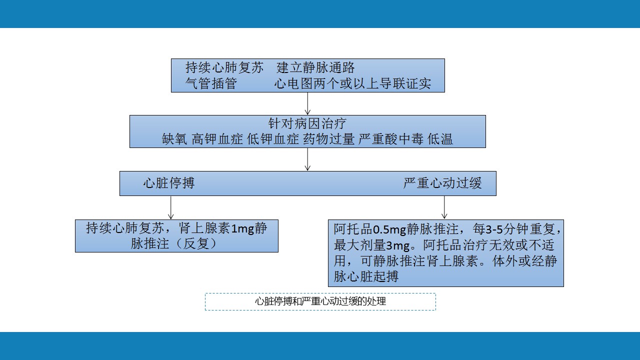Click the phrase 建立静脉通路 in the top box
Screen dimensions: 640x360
315,67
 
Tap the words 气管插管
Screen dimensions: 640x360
211,83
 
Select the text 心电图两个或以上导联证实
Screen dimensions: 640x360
352,83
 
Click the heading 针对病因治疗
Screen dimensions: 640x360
307,123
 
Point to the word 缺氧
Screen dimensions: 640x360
174,139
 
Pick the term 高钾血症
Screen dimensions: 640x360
217,139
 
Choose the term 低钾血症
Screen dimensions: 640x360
273,139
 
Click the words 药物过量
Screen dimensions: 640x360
328,139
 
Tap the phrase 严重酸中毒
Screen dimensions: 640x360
390,139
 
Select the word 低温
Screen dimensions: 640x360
440,139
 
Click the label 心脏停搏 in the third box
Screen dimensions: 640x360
169,183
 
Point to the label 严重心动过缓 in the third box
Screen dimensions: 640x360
442,183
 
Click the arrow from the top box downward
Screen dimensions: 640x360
307,103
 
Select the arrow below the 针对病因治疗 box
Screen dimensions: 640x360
307,159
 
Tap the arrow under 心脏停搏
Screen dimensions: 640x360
171,207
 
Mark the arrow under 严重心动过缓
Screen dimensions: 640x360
444,207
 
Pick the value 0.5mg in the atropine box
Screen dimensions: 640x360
390,229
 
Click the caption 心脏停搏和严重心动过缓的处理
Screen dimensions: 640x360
320,301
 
